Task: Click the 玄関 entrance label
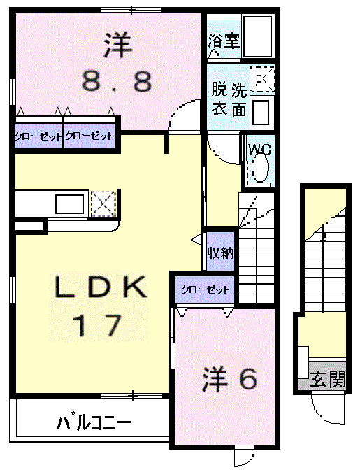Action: click(327, 380)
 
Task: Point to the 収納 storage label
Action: click(220, 253)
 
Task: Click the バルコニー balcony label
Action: click(94, 422)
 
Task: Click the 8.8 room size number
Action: click(117, 83)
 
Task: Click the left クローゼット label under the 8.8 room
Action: click(38, 136)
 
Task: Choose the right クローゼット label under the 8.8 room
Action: click(89, 136)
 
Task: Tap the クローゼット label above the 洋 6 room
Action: click(206, 289)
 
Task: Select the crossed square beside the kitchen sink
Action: click(103, 203)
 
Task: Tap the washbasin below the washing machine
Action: click(261, 111)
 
